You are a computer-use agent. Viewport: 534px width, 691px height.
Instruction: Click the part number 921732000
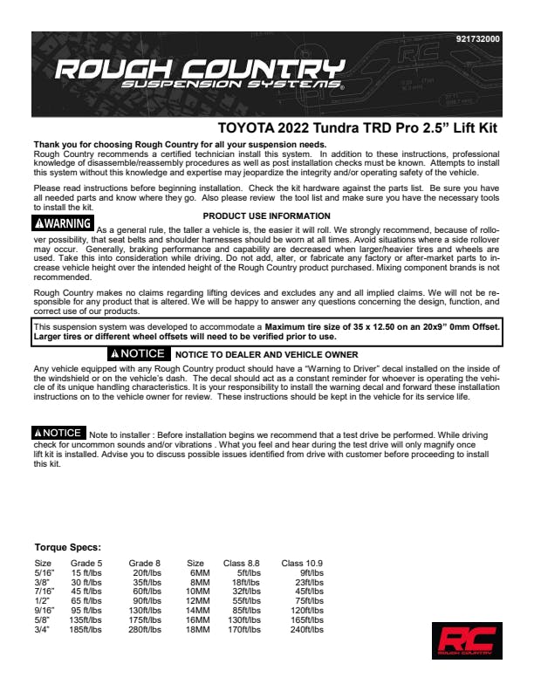[x=478, y=39]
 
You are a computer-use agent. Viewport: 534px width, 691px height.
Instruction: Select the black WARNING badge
[x=64, y=223]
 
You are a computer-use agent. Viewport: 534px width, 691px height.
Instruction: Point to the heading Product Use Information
[x=266, y=215]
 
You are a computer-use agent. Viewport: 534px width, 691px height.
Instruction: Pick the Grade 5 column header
[x=86, y=563]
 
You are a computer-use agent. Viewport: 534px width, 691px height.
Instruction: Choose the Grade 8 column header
[x=144, y=563]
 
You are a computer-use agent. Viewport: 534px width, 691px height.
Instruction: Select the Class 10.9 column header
[x=302, y=563]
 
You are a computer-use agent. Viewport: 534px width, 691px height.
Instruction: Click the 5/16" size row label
[x=43, y=572]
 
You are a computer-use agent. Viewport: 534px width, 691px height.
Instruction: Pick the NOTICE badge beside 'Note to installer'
[x=58, y=433]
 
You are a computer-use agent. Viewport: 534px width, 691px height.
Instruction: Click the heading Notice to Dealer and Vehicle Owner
[x=266, y=354]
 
